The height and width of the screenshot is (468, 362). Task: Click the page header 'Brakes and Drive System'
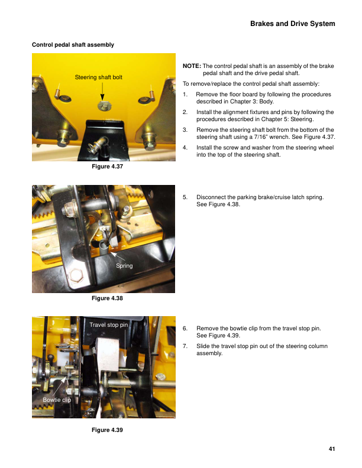pyautogui.click(x=292, y=24)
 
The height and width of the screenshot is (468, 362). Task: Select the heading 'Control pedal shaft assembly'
pyautogui.click(x=73, y=45)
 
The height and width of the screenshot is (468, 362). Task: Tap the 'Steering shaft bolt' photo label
pyautogui.click(x=99, y=78)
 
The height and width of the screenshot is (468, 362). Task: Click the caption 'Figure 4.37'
pyautogui.click(x=107, y=167)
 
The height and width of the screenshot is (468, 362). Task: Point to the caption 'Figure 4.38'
pyautogui.click(x=107, y=299)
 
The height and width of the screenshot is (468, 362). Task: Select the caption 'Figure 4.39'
pyautogui.click(x=107, y=430)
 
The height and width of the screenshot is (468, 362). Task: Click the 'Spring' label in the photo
pyautogui.click(x=124, y=266)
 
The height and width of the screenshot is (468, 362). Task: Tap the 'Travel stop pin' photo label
pyautogui.click(x=108, y=325)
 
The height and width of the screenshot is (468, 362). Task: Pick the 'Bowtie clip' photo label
pyautogui.click(x=57, y=401)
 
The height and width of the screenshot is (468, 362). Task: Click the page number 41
pyautogui.click(x=332, y=449)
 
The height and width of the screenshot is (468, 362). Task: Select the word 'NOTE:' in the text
pyautogui.click(x=192, y=66)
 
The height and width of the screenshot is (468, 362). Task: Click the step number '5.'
pyautogui.click(x=185, y=197)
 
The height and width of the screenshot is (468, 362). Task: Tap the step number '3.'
pyautogui.click(x=185, y=130)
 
